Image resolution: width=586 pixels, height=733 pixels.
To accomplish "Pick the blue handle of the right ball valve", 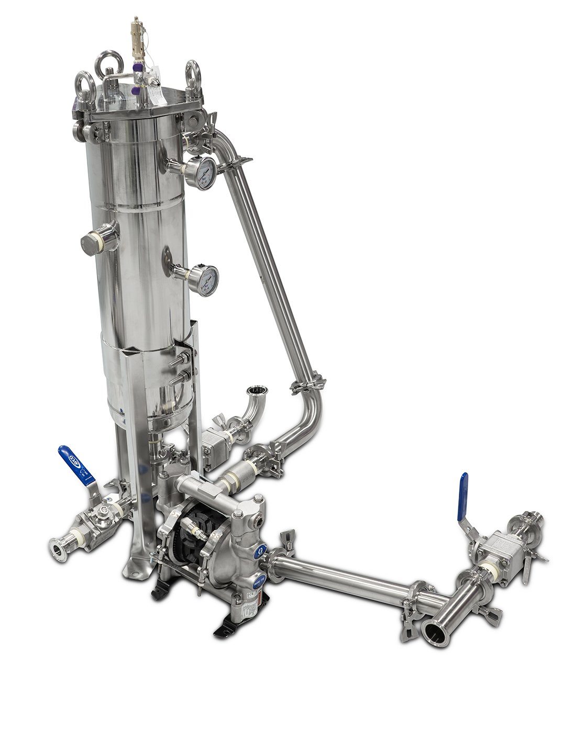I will click(463, 496).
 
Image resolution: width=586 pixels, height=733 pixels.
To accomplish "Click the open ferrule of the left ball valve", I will click(56, 551).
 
